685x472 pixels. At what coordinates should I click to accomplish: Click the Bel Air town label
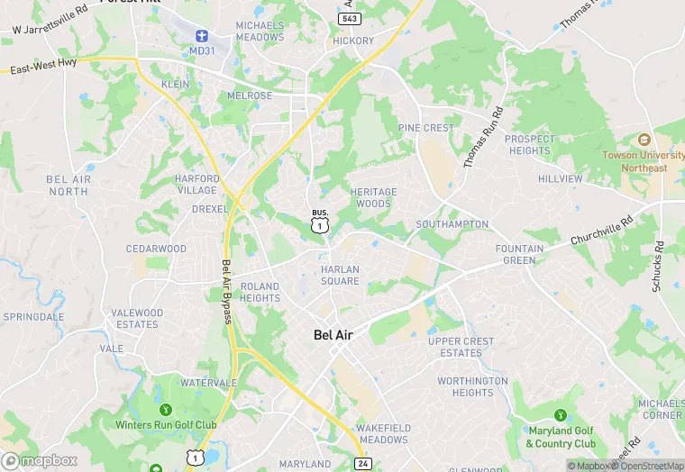click(x=333, y=335)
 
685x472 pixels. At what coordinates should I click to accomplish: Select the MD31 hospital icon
click(x=203, y=37)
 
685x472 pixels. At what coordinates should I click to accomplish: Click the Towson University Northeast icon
click(x=644, y=141)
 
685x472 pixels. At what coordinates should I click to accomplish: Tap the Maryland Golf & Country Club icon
click(x=561, y=415)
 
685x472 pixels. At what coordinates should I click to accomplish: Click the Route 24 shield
click(x=362, y=463)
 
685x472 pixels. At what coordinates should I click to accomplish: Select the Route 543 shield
click(x=351, y=18)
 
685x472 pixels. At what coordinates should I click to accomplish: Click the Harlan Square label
click(x=340, y=275)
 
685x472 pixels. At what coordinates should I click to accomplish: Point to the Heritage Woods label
click(x=373, y=197)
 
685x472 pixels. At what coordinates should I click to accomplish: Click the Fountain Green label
click(x=520, y=254)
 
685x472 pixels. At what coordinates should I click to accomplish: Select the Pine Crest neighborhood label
click(x=426, y=128)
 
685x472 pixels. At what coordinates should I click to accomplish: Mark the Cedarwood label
click(x=156, y=249)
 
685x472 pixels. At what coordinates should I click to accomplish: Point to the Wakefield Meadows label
click(x=382, y=433)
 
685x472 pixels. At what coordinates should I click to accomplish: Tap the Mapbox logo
click(x=40, y=460)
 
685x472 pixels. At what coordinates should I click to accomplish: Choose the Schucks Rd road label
click(x=657, y=266)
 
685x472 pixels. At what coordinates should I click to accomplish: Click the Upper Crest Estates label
click(x=461, y=347)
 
